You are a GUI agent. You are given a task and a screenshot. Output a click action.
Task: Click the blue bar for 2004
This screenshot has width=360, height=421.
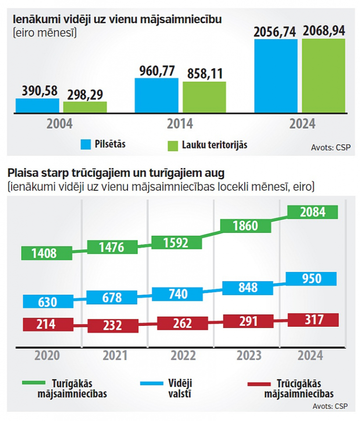37,105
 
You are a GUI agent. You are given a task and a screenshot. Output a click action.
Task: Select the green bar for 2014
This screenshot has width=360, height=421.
204,97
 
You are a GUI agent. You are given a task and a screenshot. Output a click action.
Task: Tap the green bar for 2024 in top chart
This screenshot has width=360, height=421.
324,75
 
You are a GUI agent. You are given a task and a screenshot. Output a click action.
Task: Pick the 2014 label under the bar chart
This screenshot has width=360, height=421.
180,124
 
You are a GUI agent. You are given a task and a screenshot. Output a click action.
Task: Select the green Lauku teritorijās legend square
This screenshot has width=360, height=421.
173,144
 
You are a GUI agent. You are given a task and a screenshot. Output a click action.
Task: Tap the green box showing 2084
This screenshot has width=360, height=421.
313,212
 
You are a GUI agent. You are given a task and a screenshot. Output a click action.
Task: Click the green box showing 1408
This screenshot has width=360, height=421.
47,253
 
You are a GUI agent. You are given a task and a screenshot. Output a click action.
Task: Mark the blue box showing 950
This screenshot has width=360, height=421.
312,278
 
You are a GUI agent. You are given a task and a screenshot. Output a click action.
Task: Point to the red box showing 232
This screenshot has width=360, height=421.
112,326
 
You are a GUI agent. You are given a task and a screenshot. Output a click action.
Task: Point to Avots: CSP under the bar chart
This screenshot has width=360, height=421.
331,147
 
